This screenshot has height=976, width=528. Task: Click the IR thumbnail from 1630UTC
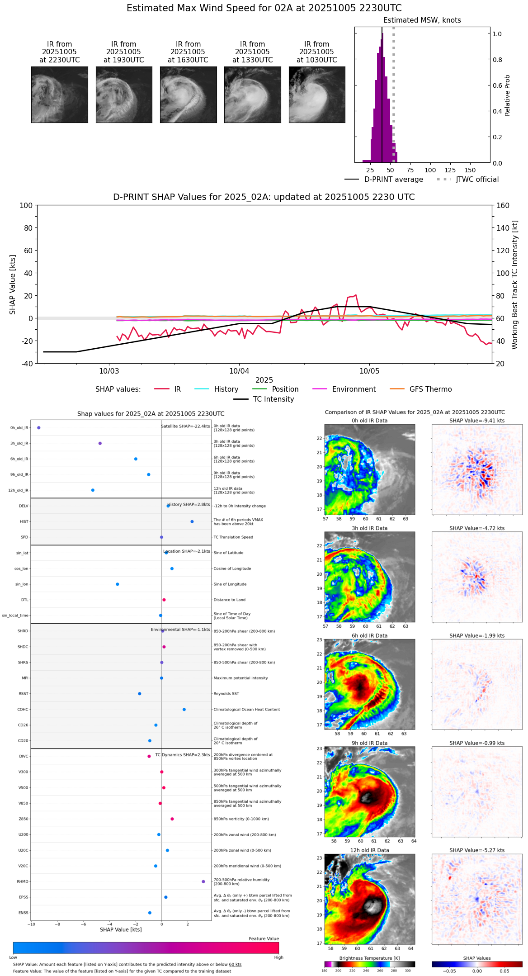(188, 95)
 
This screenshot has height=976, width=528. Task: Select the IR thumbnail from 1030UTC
(317, 95)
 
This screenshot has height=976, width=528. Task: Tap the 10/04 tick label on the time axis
(239, 371)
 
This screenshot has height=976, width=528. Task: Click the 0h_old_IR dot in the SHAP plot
(39, 428)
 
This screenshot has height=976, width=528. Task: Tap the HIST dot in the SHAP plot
(192, 522)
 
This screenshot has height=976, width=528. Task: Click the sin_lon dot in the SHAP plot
(118, 584)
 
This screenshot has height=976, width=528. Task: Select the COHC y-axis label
(23, 710)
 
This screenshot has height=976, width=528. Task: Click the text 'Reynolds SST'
(226, 694)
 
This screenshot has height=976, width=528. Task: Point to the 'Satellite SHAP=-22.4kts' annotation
(185, 426)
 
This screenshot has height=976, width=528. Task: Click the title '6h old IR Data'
(369, 636)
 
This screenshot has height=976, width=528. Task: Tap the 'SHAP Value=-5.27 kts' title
(477, 851)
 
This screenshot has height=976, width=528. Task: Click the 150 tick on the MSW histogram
(470, 171)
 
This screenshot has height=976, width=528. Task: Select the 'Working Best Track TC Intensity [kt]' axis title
(515, 285)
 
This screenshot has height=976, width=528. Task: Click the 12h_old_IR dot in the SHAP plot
(93, 490)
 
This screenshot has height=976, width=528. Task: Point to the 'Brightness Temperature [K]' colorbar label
(369, 958)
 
